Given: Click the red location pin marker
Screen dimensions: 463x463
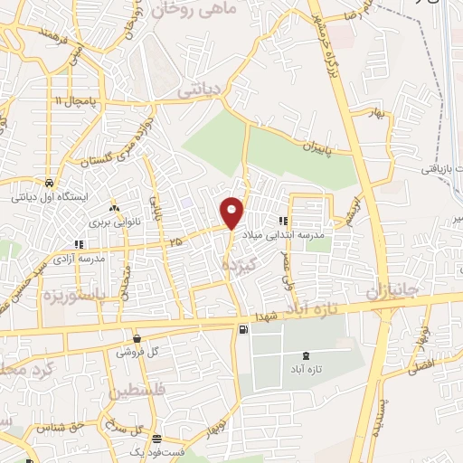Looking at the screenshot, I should pyautogui.click(x=233, y=213).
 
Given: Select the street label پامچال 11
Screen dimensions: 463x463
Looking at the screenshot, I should pyautogui.click(x=72, y=100).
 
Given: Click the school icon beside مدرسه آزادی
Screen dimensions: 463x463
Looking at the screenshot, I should pyautogui.click(x=80, y=243).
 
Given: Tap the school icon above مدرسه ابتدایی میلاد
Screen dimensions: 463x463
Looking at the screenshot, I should pyautogui.click(x=283, y=220).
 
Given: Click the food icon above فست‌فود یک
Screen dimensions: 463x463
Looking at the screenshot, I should pyautogui.click(x=156, y=438).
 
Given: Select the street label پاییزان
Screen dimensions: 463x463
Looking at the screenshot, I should pyautogui.click(x=317, y=146).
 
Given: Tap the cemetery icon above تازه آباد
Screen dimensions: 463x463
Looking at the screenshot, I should pyautogui.click(x=303, y=357).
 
